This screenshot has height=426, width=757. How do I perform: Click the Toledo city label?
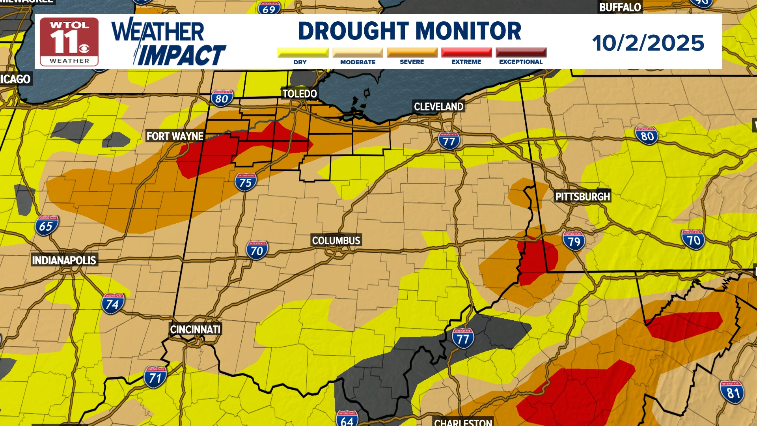[300, 94]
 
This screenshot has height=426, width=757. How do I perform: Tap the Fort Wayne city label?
[175, 136]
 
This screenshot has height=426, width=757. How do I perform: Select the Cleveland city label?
[438, 106]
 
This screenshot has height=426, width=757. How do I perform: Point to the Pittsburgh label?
[582, 196]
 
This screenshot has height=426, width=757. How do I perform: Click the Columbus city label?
[336, 241]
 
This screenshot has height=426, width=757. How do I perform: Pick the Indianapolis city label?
[64, 260]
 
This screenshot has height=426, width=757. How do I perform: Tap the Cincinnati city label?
[195, 329]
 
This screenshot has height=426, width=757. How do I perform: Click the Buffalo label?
[620, 7]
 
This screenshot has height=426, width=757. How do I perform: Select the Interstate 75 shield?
[246, 182]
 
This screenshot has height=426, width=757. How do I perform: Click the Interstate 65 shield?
[47, 226]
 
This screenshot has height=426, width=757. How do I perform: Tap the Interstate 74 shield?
[113, 304]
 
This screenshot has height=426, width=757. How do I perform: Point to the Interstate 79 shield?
[574, 241]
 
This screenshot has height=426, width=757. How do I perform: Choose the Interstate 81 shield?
[732, 392]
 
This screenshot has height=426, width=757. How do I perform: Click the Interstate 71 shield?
[155, 377]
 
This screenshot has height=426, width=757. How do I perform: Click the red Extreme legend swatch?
[466, 52]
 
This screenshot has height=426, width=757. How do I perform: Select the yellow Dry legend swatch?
[303, 52]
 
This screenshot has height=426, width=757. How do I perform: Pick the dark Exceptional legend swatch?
[521, 52]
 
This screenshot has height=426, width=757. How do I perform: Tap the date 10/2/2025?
[648, 43]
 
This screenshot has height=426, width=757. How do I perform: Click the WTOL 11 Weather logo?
[69, 42]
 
